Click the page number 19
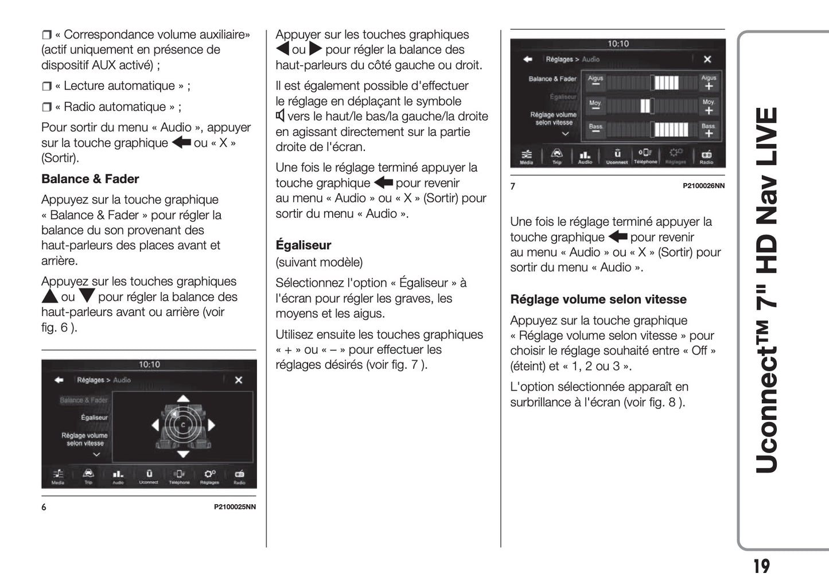[761, 566]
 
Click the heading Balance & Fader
[90, 179]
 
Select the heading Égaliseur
[303, 245]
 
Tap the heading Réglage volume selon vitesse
[598, 299]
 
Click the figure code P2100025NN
[235, 507]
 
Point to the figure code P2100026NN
[703, 186]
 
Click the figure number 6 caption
[44, 507]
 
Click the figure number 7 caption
[513, 186]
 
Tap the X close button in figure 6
[239, 380]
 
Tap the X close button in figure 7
[707, 59]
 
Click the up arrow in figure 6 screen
[183, 398]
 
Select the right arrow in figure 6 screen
[212, 425]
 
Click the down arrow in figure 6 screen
[183, 454]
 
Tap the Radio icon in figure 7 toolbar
[706, 156]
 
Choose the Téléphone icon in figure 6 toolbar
[179, 476]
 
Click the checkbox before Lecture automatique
[46, 87]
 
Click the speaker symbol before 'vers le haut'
[280, 116]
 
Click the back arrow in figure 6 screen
[59, 380]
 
